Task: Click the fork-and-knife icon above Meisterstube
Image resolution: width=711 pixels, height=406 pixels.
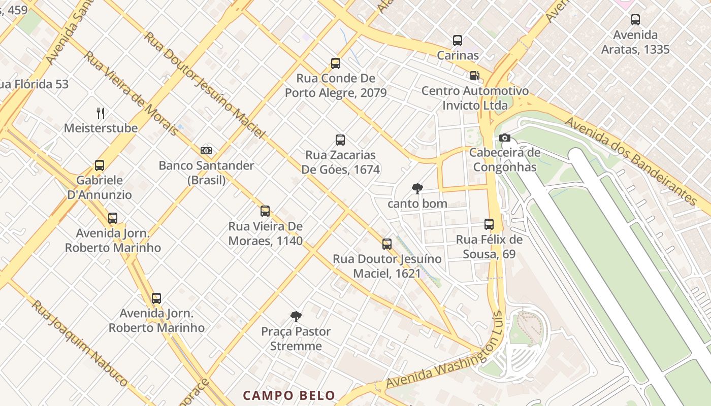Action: (101, 113)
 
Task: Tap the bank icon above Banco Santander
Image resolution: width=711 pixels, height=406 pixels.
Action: (206, 151)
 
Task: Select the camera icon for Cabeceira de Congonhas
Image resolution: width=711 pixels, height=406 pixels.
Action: (504, 138)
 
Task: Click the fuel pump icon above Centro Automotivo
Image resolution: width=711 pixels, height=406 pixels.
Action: (474, 76)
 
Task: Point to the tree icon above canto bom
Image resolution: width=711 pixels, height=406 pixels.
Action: (417, 189)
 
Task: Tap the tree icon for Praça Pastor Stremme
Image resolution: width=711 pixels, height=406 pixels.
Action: (296, 317)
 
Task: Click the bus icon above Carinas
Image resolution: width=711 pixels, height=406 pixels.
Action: (458, 41)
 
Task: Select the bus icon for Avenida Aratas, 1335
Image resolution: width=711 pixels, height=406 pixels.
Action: (635, 20)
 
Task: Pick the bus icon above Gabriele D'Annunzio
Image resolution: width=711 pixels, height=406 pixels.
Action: (100, 165)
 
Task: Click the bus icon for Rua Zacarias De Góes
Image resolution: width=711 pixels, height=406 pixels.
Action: (340, 140)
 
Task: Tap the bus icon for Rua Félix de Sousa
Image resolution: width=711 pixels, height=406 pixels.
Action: (489, 224)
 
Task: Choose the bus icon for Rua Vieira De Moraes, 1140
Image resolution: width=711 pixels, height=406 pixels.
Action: (265, 211)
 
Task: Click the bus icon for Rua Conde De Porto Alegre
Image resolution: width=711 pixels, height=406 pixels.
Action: (336, 63)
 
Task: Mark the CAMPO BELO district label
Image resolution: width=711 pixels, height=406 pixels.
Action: (289, 395)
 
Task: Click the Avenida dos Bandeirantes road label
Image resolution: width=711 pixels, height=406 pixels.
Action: (631, 160)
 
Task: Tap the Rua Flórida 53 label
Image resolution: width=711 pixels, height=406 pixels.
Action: (34, 84)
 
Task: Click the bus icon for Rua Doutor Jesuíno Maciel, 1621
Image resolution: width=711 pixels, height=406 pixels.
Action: (387, 244)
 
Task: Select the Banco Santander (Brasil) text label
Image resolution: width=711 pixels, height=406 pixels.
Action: (206, 173)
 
